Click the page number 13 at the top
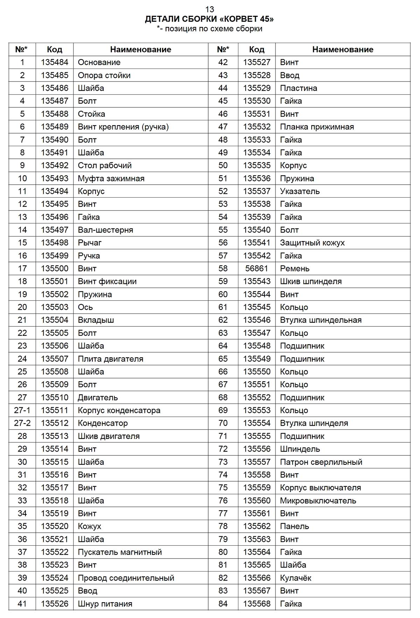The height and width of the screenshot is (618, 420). pos(209,9)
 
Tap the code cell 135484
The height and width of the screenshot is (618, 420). pos(54,62)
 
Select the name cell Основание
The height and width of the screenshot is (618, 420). pos(99,62)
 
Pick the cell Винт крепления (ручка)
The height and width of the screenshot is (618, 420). pos(123,127)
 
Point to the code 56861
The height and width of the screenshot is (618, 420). pos(257,268)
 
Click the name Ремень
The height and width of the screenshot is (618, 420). pos(295,268)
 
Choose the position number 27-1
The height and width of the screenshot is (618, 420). pos(22,410)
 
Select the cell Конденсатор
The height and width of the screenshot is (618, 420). pos(103,423)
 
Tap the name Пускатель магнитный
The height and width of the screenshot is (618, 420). pos(120,552)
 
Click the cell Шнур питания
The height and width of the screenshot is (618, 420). pos(105,603)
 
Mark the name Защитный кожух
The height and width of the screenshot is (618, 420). pos(312,242)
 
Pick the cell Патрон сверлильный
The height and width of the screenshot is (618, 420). pos(321,462)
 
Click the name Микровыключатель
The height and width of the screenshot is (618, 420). pos(318,500)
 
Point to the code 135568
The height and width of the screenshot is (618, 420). pos(257,603)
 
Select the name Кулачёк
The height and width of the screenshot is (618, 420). pos(295,578)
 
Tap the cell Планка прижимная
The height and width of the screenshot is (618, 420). pos(317,127)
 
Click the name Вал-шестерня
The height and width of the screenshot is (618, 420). pos(105,230)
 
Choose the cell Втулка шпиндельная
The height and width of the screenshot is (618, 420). pos(321,320)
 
